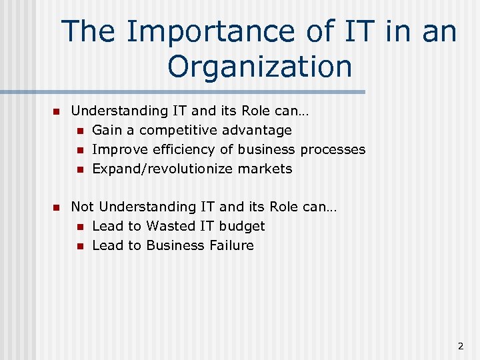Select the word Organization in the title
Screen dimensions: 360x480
(x=259, y=66)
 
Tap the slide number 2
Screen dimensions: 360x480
(x=460, y=346)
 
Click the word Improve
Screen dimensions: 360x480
(x=118, y=149)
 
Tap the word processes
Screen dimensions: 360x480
(x=333, y=149)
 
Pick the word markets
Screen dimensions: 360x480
(x=265, y=169)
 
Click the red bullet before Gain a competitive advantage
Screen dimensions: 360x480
(x=79, y=131)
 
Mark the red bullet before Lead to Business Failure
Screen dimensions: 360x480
(x=79, y=246)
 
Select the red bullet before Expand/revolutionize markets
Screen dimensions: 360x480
(x=79, y=169)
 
